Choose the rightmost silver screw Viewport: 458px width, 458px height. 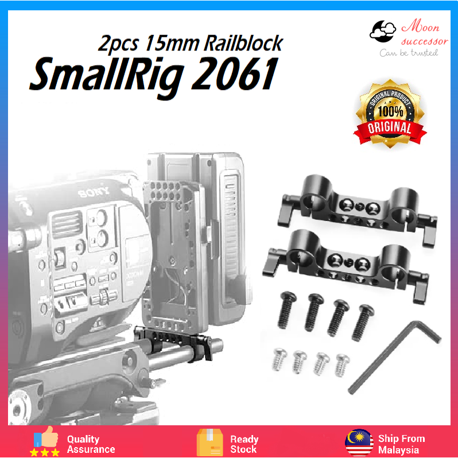tap(342, 363)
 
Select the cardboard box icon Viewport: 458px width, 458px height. tap(209, 442)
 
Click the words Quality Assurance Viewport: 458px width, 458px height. tap(91, 444)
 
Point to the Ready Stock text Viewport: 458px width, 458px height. tap(244, 444)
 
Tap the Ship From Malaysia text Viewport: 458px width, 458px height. tap(401, 444)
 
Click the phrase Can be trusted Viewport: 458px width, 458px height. tap(409, 53)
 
